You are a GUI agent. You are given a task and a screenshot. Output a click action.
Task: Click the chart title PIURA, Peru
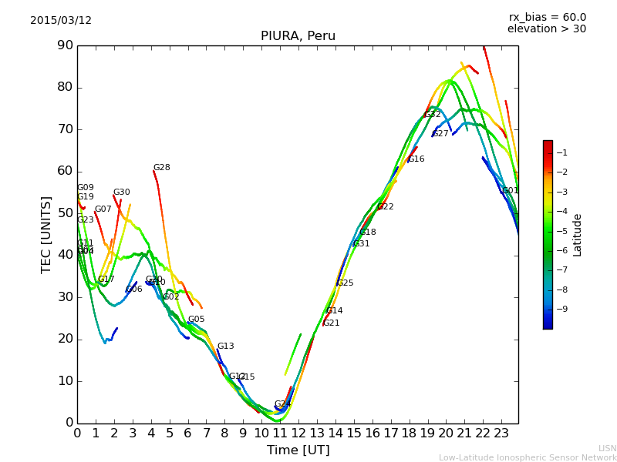tap(298, 36)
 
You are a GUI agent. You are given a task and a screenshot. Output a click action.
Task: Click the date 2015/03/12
tap(61, 21)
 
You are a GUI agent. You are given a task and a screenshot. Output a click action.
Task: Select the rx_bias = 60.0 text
tap(547, 18)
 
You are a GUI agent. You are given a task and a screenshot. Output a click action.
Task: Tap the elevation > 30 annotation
tap(546, 29)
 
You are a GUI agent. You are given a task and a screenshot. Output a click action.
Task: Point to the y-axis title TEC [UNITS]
tap(46, 234)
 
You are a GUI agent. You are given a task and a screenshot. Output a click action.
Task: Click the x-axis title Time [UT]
tap(298, 450)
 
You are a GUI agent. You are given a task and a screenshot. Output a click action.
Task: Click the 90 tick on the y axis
tap(63, 45)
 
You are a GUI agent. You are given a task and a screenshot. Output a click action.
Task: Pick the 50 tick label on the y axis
tap(63, 213)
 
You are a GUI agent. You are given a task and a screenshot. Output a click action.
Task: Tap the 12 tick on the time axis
tap(298, 433)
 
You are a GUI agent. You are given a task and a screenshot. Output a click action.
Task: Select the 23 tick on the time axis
tap(501, 433)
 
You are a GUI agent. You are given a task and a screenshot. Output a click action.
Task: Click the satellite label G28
tap(161, 168)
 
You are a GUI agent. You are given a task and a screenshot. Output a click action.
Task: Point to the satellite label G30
tap(121, 192)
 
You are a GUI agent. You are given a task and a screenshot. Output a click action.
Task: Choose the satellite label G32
tap(432, 115)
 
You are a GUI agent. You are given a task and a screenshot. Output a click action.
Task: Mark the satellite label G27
tap(440, 134)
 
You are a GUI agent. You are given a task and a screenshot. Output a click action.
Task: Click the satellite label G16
tap(416, 159)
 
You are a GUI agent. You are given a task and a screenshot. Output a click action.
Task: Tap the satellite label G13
tap(225, 346)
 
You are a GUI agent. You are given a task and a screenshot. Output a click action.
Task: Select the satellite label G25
tap(345, 283)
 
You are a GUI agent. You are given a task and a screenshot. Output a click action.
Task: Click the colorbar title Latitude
tap(577, 235)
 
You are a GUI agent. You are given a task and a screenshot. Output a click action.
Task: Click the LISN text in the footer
tap(607, 448)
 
